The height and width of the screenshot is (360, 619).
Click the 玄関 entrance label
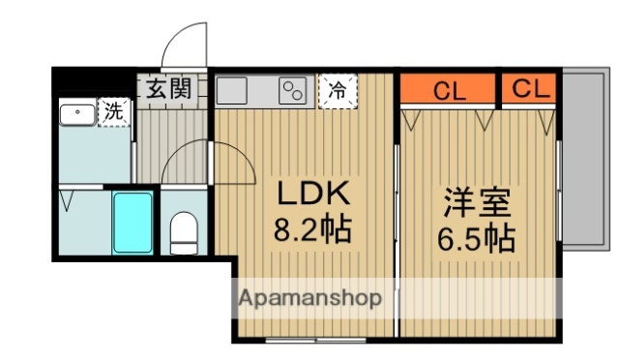(x=169, y=89)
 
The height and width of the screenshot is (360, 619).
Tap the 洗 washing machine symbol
(x=115, y=111)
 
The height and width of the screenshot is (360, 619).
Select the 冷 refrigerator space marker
(x=338, y=91)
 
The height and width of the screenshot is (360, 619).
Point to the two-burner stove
(x=293, y=92)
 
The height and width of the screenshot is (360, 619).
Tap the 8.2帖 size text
(x=311, y=230)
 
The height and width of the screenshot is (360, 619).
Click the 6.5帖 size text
(x=474, y=237)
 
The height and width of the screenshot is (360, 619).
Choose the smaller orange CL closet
(x=530, y=89)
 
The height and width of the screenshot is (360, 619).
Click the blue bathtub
(x=132, y=222)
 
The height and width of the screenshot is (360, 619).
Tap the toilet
(x=183, y=232)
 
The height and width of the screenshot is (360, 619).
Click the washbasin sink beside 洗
(x=76, y=114)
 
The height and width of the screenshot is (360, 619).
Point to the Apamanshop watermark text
(x=309, y=297)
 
